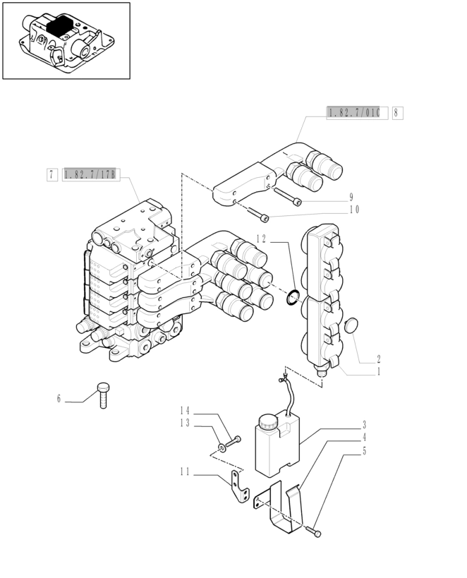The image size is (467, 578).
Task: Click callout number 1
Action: coord(378,371)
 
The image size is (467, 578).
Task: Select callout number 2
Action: coord(378,359)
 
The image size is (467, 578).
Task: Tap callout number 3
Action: coord(364,425)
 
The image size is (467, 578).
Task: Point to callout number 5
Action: coord(364,450)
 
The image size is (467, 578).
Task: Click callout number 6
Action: coord(59,399)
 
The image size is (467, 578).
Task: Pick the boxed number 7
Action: coord(52,174)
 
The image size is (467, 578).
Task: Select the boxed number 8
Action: coord(398,112)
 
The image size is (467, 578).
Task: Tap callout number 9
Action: coord(351,197)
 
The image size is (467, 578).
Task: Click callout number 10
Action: coord(353,210)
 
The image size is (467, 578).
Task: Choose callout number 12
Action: coord(261,239)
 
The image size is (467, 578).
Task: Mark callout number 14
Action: coord(185,411)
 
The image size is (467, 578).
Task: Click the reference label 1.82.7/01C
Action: coord(357,112)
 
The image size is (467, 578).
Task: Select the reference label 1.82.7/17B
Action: coord(90,174)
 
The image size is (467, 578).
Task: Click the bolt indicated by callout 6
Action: coord(103,395)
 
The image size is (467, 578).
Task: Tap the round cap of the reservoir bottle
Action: coord(268,422)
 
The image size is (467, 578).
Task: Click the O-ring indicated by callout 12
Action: coord(293,297)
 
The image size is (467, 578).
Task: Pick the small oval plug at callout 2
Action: coord(350,327)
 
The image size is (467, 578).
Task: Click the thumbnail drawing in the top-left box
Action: coord(66,40)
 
